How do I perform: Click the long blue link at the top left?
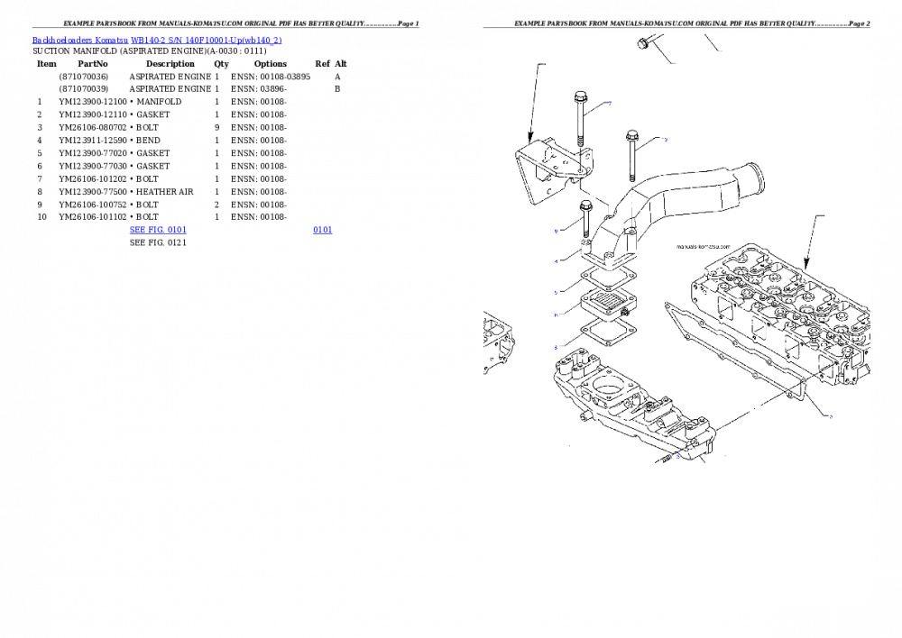[x=157, y=41]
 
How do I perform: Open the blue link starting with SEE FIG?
[x=158, y=230]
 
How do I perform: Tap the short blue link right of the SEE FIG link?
[x=322, y=230]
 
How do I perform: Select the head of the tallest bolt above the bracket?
[x=581, y=96]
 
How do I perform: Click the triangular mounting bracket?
[x=546, y=171]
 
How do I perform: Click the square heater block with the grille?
[x=607, y=303]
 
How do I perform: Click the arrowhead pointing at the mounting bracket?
[x=530, y=136]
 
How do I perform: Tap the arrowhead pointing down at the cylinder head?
[x=805, y=265]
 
